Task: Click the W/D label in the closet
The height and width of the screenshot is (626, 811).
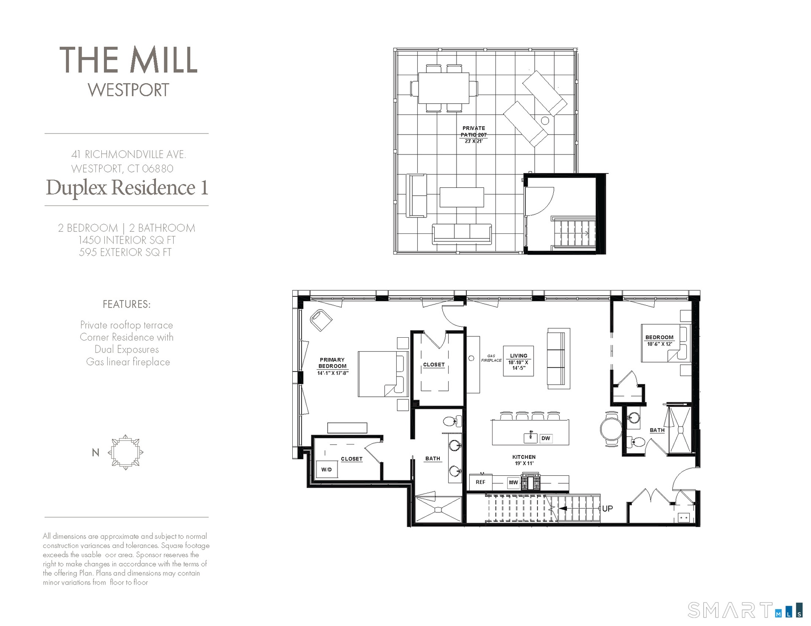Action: click(327, 469)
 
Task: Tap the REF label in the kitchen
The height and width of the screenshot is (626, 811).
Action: click(480, 482)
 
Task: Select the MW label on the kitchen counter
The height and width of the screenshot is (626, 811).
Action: click(513, 482)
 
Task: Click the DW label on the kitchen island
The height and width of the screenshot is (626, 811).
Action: click(546, 438)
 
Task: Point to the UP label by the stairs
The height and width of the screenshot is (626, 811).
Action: click(607, 509)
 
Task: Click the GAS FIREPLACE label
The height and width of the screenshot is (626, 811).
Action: click(491, 358)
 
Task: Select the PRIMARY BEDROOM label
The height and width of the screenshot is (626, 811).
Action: click(332, 363)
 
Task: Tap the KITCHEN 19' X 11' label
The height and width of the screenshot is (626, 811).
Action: click(524, 460)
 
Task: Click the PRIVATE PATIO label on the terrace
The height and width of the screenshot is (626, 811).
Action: click(474, 131)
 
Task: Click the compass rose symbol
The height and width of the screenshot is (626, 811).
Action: click(125, 452)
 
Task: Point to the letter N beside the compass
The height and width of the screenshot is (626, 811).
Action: click(95, 453)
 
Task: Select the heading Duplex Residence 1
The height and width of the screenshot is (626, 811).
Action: click(127, 187)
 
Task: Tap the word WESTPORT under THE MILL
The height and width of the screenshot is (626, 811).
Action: click(128, 90)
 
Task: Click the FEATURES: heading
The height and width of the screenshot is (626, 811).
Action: click(127, 304)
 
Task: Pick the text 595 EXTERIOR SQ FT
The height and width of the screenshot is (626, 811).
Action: click(125, 252)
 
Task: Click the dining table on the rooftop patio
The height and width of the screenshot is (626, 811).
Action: click(444, 88)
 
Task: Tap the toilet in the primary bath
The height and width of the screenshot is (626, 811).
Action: click(452, 421)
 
